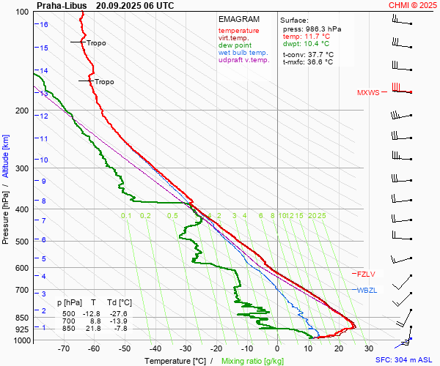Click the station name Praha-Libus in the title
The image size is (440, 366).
click(62, 4)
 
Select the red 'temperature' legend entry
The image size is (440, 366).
click(238, 31)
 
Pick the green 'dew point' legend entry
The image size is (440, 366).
click(235, 45)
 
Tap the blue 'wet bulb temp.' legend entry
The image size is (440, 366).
click(243, 53)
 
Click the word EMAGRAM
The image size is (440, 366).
click(238, 19)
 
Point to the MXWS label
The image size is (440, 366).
click(369, 93)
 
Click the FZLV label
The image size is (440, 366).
click(366, 274)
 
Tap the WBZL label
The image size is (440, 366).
click(367, 291)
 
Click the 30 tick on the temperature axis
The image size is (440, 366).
click(368, 349)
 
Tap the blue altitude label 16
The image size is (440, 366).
click(44, 24)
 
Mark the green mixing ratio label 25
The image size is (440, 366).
click(321, 216)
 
